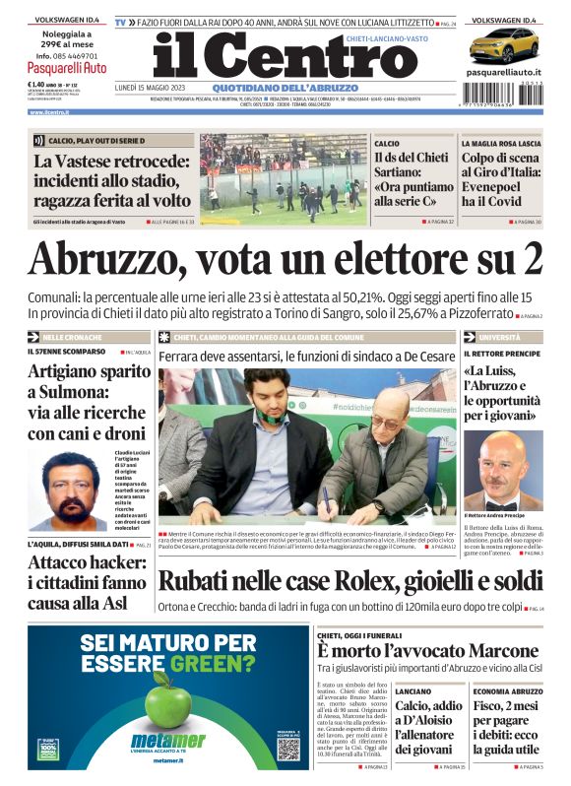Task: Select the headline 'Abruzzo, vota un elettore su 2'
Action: coord(285,260)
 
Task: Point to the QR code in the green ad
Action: coord(287,748)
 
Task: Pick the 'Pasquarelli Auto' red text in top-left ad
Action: coord(67,69)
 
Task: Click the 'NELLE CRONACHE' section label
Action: coord(72,337)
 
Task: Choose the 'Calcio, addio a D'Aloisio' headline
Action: coord(428,727)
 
